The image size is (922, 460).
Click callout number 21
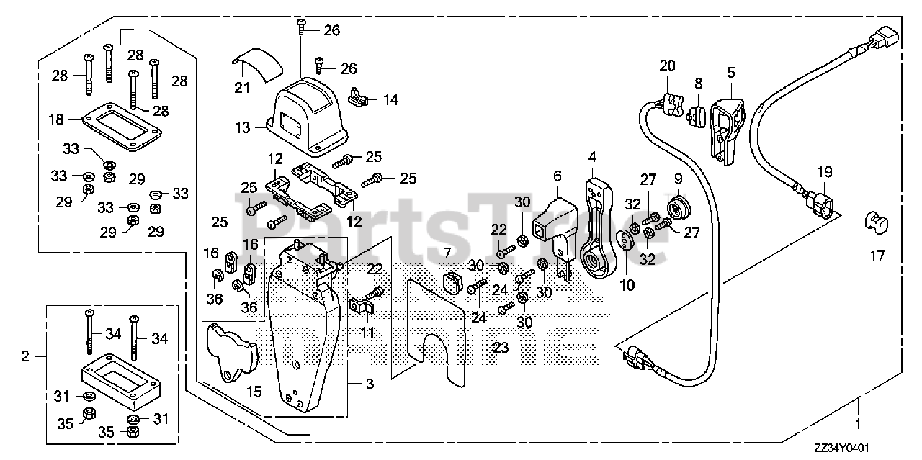tap(241, 88)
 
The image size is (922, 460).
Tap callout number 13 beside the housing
tap(241, 128)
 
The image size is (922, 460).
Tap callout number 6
tap(557, 176)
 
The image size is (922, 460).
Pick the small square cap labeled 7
tap(452, 282)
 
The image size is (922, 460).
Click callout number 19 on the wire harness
tap(824, 172)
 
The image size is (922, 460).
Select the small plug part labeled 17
tap(876, 222)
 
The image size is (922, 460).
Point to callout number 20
tap(667, 66)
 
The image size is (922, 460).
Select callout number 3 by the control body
tap(370, 385)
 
